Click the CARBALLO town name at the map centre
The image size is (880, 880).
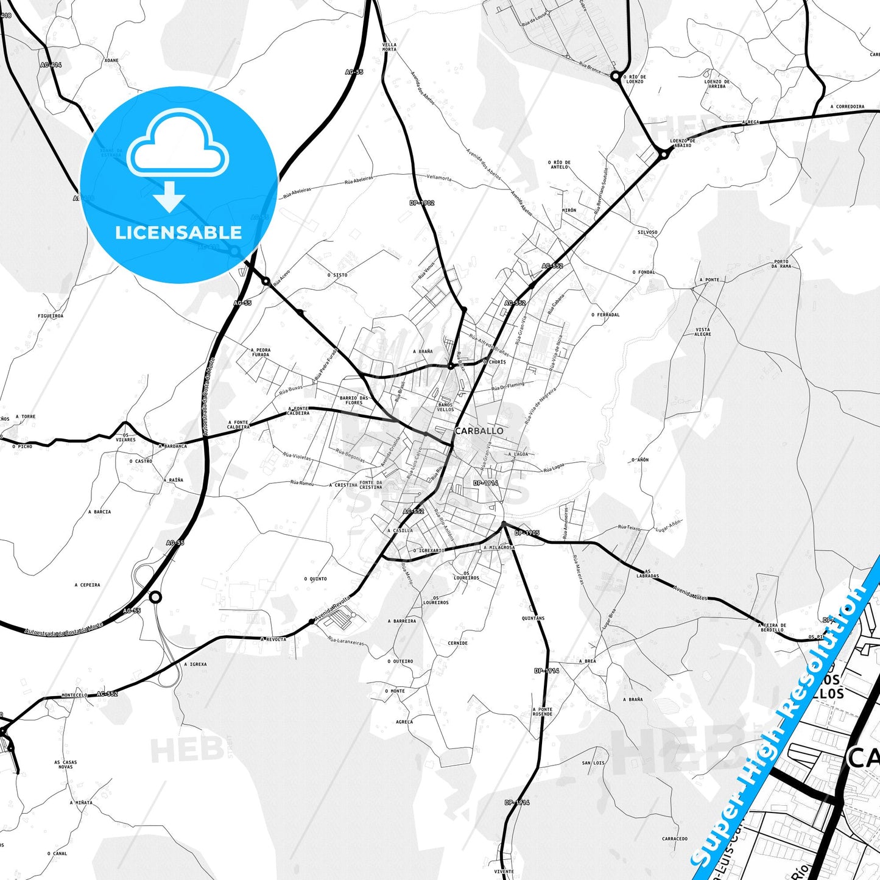pos(479,431)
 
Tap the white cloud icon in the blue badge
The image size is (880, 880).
pos(178,144)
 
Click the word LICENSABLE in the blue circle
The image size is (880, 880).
pos(178,233)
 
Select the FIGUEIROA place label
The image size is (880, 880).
pos(51,316)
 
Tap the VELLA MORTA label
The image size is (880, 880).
pos(389,47)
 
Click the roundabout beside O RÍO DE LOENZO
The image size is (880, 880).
pos(616,77)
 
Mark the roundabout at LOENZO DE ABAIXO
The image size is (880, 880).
pos(664,155)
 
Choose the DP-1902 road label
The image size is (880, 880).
pos(422,203)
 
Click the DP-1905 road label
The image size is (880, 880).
pos(527,533)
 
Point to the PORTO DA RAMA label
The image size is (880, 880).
pos(781,264)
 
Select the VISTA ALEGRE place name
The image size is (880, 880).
pos(703,332)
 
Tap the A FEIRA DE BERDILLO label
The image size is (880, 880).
pos(772,627)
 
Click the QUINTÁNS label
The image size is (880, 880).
pos(533,618)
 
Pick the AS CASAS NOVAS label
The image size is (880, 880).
pos(66,764)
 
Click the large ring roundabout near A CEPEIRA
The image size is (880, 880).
pos(156,597)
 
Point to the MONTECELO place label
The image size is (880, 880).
pos(74,695)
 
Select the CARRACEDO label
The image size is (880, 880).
pos(675,839)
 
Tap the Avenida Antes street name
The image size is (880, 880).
pos(690,593)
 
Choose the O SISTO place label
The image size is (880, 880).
pos(337,275)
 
